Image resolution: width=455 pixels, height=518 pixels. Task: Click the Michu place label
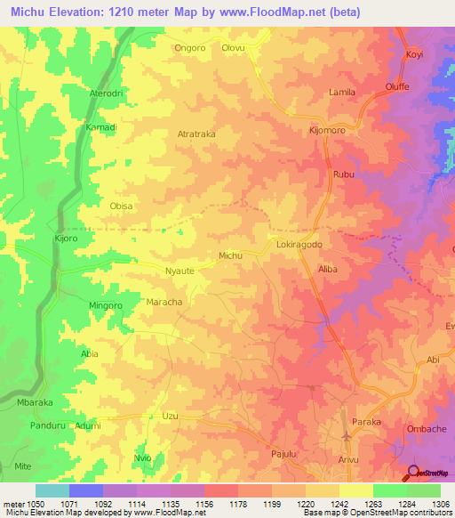click(230, 255)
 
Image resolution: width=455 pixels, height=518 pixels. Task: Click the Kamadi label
click(101, 127)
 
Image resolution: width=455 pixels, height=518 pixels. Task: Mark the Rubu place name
click(343, 174)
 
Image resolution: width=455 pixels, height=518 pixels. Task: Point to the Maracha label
click(164, 303)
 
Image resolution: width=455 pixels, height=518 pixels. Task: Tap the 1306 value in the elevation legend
click(439, 503)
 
